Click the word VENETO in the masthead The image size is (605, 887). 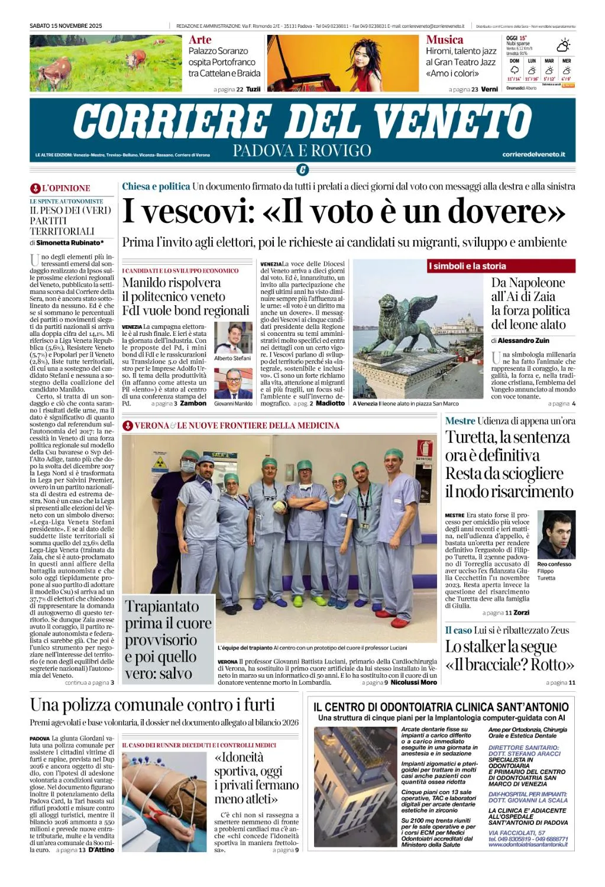(452, 122)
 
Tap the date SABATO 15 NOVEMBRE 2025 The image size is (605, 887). (66, 26)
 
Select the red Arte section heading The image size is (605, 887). (200, 40)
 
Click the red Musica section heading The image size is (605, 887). (444, 40)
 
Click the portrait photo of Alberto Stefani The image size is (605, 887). (233, 338)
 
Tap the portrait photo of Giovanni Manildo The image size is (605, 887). (233, 383)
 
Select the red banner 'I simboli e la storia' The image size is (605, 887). (467, 266)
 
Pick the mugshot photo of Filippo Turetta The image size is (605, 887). (556, 535)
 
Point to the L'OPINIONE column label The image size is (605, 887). (66, 188)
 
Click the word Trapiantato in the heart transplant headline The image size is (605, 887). (161, 606)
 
